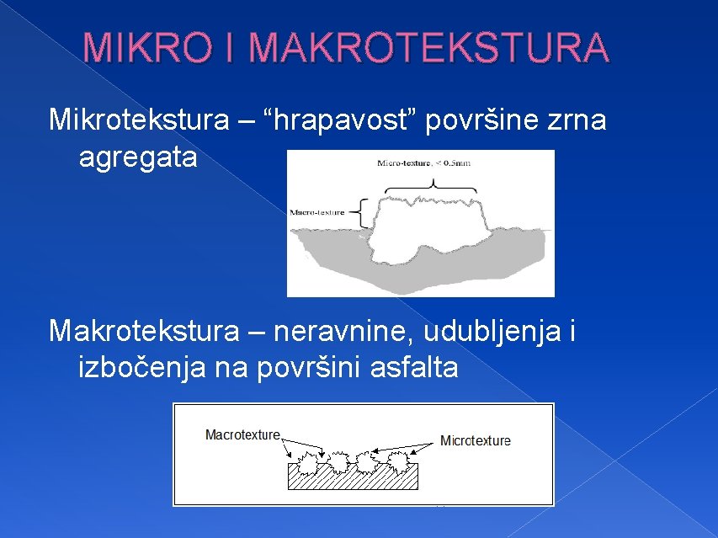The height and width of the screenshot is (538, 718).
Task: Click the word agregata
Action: [x=137, y=157]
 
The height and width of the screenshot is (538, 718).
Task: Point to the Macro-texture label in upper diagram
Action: [x=317, y=213]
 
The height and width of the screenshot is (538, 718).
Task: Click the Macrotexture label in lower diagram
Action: [x=242, y=434]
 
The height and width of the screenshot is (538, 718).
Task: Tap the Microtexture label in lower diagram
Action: [x=475, y=440]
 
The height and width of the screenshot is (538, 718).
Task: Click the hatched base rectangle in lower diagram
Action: [x=354, y=479]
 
